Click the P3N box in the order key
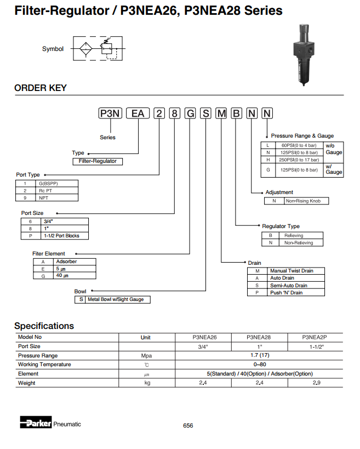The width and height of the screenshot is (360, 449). click(109, 113)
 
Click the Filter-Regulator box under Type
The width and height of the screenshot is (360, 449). click(98, 161)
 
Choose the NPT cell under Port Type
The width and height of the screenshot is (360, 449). click(57, 197)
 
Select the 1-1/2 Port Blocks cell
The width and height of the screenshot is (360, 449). click(65, 236)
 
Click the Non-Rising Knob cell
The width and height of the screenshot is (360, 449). click(306, 201)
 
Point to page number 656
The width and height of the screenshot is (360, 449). click(188, 426)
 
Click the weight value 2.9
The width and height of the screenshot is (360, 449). click(317, 383)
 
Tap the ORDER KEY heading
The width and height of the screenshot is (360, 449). click(41, 88)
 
